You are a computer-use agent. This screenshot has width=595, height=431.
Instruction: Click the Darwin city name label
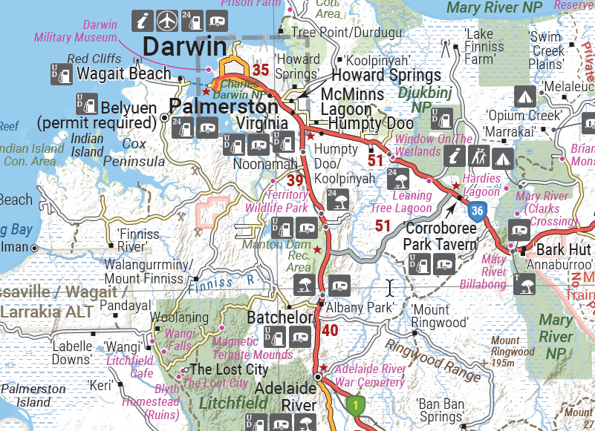(x=184, y=46)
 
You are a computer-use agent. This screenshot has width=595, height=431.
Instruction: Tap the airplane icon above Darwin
(x=168, y=19)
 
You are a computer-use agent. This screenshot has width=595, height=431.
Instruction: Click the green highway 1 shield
(x=356, y=406)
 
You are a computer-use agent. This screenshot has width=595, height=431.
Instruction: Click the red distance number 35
(x=260, y=70)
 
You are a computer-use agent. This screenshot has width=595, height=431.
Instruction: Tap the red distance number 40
(x=331, y=330)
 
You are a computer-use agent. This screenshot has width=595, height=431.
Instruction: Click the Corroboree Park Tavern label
(x=440, y=236)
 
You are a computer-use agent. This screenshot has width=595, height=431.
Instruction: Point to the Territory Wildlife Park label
(x=276, y=201)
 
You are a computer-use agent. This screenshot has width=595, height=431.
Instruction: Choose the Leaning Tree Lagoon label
(x=401, y=202)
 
